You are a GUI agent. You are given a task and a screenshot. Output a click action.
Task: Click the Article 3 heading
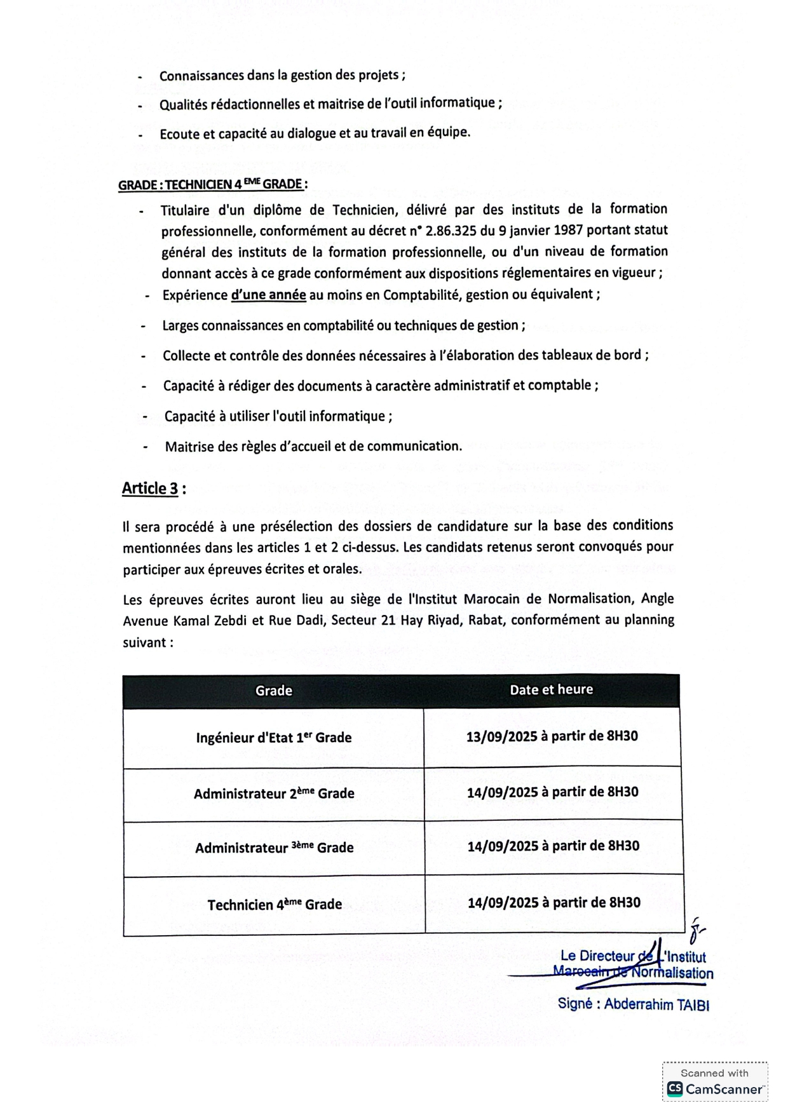[x=151, y=489]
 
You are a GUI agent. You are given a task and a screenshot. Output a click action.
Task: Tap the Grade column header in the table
[x=273, y=691]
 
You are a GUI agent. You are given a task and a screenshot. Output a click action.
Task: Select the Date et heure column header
[x=551, y=689]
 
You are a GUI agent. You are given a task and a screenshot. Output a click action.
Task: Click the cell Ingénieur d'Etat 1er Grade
[x=273, y=738]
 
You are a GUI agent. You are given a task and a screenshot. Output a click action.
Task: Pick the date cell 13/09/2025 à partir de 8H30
[x=552, y=736]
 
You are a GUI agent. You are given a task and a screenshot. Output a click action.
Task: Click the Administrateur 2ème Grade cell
[x=274, y=794]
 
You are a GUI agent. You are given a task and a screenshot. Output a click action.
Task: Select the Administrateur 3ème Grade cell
[x=274, y=848]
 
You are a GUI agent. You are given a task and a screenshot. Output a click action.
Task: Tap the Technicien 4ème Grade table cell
[x=275, y=904]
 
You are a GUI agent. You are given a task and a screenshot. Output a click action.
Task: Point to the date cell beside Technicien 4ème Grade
[x=554, y=903]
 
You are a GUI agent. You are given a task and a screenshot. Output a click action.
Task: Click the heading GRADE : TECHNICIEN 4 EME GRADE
[x=212, y=185]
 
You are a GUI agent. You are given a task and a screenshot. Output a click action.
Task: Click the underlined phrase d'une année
[x=268, y=295]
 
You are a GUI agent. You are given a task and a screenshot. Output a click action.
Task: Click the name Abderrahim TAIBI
[x=656, y=1004]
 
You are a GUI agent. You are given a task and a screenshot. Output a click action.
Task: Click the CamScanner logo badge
[x=715, y=1081]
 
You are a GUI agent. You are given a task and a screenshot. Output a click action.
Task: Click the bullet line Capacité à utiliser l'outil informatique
[x=278, y=417]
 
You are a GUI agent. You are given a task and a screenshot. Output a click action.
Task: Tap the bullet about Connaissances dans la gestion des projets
[x=282, y=76]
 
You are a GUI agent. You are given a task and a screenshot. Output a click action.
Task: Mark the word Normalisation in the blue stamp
[x=672, y=973]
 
